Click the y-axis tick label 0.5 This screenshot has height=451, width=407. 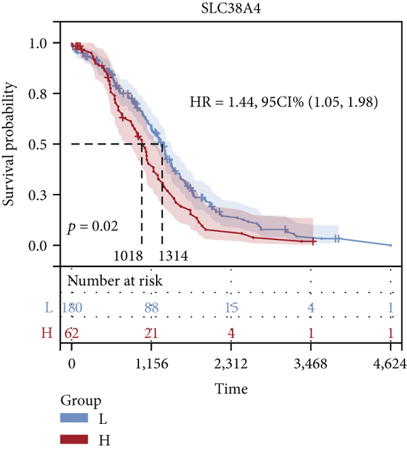44,144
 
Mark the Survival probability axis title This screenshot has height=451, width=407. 12,144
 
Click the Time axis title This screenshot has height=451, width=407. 231,390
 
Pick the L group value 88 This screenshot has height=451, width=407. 151,307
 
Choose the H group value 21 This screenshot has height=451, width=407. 151,333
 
